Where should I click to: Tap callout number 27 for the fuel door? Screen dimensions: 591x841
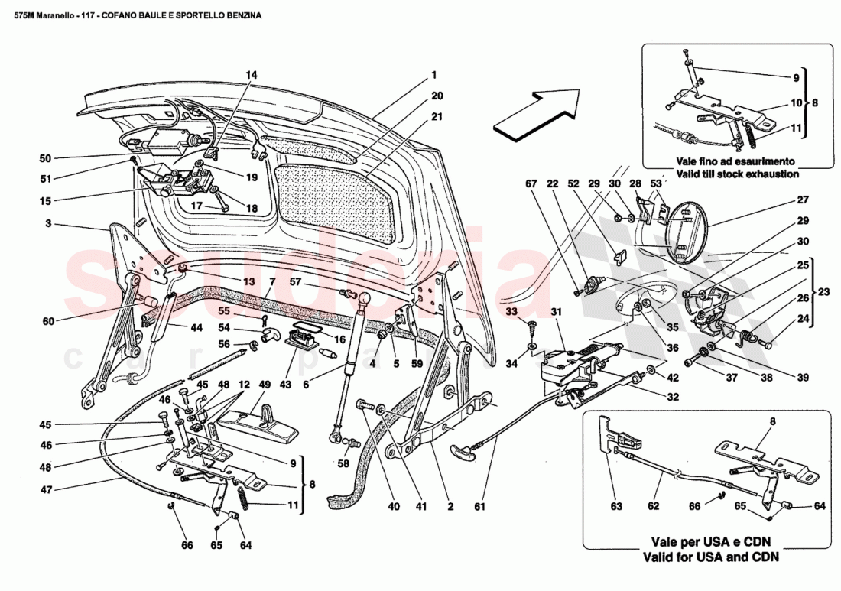[x=802, y=200]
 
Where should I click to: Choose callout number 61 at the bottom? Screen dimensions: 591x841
[x=479, y=506]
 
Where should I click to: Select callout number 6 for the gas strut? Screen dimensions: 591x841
[x=305, y=384]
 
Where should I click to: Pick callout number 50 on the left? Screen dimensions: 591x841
[x=45, y=159]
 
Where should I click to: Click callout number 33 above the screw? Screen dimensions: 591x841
[x=511, y=311]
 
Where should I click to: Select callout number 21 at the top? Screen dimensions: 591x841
[x=437, y=117]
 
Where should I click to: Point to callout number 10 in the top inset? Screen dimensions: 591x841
[x=795, y=102]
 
